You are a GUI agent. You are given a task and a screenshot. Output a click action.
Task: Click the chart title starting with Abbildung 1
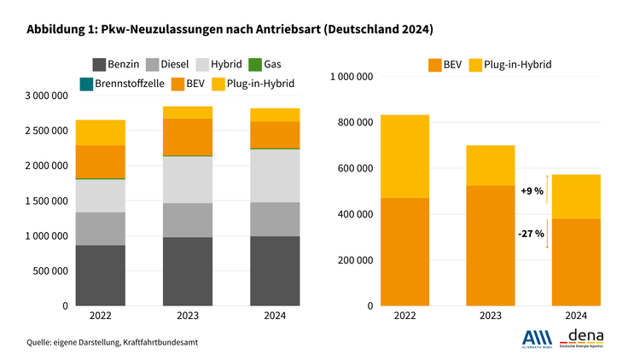click(230, 30)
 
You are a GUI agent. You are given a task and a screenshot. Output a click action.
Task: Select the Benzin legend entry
click(117, 64)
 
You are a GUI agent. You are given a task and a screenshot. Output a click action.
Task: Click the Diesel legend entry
click(169, 64)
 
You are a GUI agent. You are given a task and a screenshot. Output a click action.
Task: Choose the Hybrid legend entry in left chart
click(219, 64)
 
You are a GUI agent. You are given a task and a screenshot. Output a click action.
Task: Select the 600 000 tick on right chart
click(355, 168)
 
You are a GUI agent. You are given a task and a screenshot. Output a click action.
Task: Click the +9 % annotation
click(532, 192)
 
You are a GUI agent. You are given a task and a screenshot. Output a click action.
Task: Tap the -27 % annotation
click(532, 233)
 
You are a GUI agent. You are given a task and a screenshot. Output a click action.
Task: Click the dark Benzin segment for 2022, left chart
click(101, 275)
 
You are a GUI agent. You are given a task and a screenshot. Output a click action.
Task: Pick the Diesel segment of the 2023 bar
click(188, 220)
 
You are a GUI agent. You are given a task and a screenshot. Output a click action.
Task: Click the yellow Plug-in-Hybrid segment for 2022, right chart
click(405, 156)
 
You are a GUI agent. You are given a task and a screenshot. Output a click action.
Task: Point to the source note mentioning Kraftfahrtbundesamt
click(118, 342)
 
